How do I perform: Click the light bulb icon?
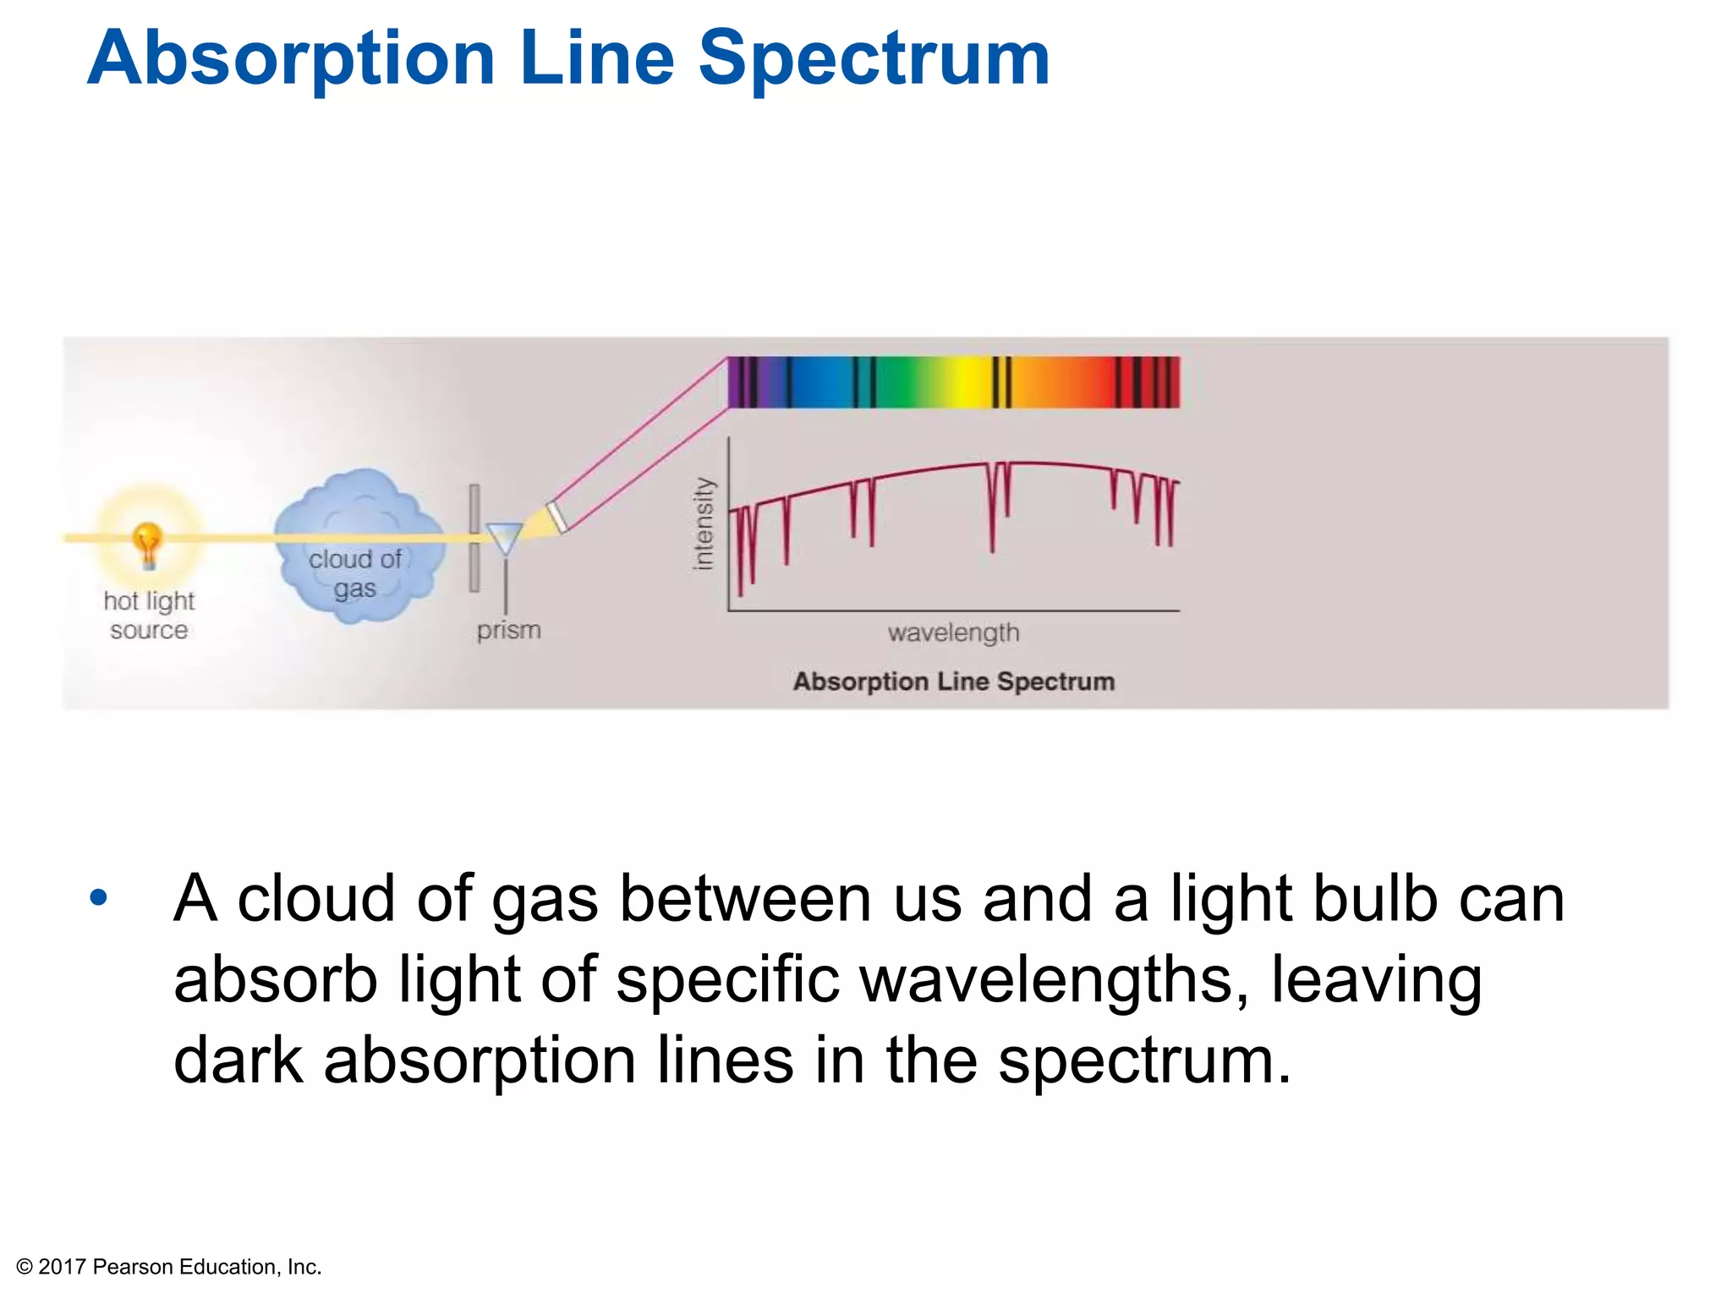(148, 543)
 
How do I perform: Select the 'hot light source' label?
(149, 615)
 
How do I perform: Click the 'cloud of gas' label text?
(355, 573)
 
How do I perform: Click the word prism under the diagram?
(508, 630)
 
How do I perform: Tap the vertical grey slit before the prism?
(474, 538)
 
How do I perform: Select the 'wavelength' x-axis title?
(953, 633)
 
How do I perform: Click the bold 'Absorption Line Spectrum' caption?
(953, 682)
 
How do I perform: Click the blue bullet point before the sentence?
(99, 897)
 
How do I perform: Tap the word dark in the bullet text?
(238, 1060)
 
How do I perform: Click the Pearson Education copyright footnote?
(169, 1266)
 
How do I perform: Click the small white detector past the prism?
(557, 517)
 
